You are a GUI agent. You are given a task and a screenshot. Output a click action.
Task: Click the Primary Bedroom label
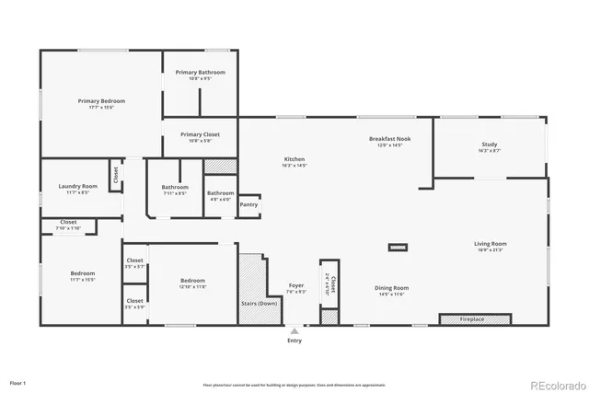(x=101, y=101)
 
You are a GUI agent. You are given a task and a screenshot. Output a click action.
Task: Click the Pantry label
(x=248, y=204)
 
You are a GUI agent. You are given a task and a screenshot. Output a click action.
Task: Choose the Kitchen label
(x=294, y=159)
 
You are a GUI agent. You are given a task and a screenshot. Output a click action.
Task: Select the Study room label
(x=490, y=144)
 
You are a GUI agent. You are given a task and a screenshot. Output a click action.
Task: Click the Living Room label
(x=490, y=244)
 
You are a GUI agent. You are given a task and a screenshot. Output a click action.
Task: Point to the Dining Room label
(x=391, y=288)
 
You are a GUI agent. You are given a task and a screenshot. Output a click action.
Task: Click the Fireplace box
(x=474, y=319)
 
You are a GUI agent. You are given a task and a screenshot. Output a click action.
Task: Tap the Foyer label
(x=296, y=285)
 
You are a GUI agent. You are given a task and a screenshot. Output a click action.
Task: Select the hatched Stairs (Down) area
(x=252, y=285)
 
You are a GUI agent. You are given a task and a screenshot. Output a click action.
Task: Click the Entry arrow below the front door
(x=294, y=329)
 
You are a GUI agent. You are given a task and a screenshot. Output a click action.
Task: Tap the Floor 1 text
(x=18, y=381)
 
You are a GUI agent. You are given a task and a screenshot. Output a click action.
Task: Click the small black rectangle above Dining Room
(x=398, y=248)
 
